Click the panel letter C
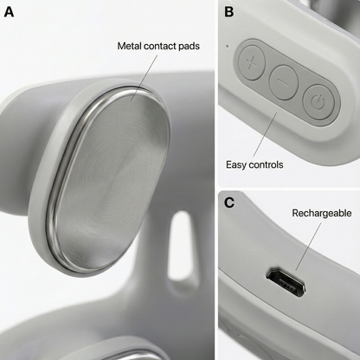229,203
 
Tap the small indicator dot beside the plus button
226,45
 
